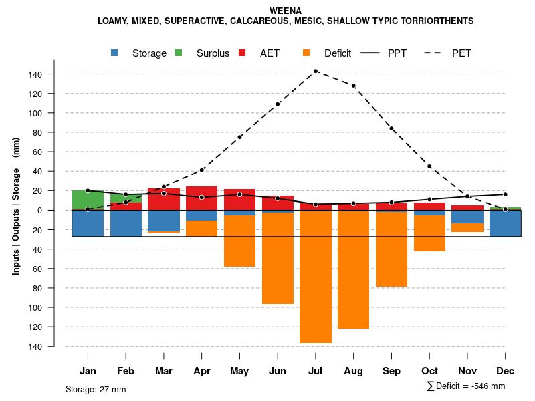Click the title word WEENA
[286, 11]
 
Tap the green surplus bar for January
[88, 200]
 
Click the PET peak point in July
[316, 71]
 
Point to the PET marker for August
[353, 86]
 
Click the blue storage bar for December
[505, 223]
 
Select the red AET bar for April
[201, 198]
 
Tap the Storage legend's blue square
[115, 53]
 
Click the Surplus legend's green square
[179, 53]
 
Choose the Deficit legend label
[338, 53]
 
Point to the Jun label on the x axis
[278, 371]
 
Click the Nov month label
[467, 371]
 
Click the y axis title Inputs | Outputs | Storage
[16, 205]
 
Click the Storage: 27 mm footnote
[96, 389]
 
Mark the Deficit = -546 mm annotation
[466, 386]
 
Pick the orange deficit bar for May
[239, 241]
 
